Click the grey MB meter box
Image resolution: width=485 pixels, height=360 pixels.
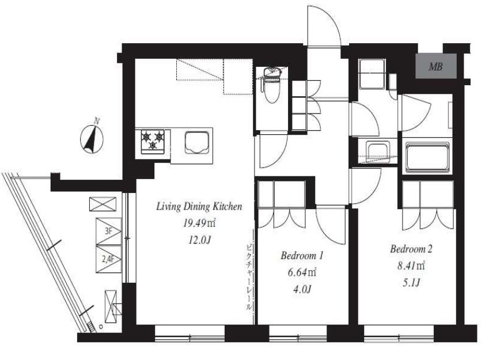click(436, 66)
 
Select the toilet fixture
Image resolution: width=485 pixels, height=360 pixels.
click(271, 85)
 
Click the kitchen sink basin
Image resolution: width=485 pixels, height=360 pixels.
click(197, 142)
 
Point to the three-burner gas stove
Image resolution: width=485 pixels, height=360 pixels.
click(153, 141)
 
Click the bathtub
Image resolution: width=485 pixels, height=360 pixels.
click(427, 157)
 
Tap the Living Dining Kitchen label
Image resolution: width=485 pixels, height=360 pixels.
click(199, 206)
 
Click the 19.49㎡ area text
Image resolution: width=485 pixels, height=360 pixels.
click(199, 223)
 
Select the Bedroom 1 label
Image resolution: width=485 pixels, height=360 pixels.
click(302, 256)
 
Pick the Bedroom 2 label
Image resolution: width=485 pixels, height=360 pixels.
click(411, 249)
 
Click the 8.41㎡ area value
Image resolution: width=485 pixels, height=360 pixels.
click(411, 266)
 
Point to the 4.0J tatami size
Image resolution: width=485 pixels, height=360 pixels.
click(302, 289)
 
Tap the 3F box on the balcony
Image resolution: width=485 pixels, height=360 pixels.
click(108, 232)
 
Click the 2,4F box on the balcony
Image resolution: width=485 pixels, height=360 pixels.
click(108, 259)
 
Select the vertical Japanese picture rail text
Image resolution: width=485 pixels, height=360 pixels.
click(249, 278)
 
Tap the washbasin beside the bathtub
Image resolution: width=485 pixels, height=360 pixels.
click(377, 150)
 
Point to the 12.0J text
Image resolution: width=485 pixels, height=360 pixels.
click(199, 240)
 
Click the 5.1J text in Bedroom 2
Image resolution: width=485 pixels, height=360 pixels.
click(411, 282)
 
